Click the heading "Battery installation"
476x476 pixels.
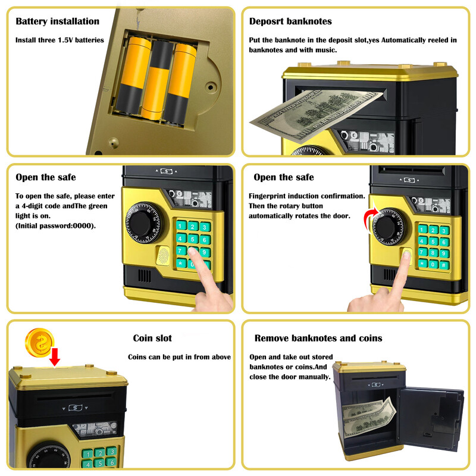click(57, 21)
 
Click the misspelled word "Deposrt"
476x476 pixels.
click(266, 21)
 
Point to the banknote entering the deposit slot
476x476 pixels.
click(316, 114)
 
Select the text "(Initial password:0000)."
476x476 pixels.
click(55, 226)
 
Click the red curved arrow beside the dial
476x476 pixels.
click(370, 220)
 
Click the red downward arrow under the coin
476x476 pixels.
click(55, 357)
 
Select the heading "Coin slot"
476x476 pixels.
click(152, 338)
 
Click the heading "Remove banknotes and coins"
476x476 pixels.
click(318, 338)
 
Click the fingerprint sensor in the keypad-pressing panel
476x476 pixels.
click(163, 255)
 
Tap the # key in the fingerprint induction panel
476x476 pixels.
click(443, 265)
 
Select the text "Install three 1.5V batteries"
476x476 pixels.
click(59, 40)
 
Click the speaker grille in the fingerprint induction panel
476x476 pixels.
click(390, 275)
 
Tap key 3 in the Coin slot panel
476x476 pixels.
click(111, 452)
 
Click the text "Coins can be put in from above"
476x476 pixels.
click(179, 357)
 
